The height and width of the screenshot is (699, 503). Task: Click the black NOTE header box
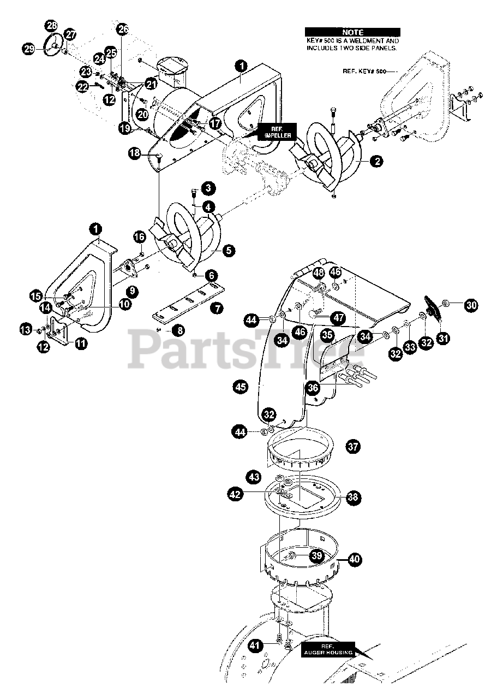pos(352,33)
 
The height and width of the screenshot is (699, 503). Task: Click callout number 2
pos(375,161)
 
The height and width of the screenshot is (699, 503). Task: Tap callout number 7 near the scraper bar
pos(217,309)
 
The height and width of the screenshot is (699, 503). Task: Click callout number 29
pos(29,49)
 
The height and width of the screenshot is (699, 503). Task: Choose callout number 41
pos(254,645)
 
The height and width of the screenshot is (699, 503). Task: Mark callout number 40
pos(355,559)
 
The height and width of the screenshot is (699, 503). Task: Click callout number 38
pos(353,497)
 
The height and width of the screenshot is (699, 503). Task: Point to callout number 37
pos(353,447)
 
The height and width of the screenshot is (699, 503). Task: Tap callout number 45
pos(241,387)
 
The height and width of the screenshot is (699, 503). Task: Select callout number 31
pos(442,339)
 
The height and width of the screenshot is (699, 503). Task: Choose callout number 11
pos(81,343)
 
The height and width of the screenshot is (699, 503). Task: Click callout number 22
pos(82,87)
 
